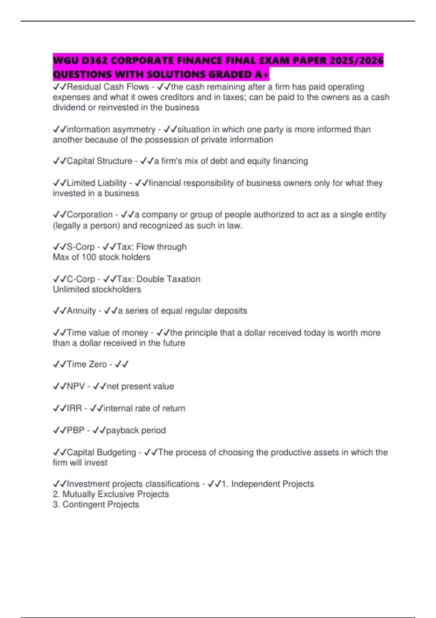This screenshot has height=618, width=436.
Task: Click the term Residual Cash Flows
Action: coord(108,87)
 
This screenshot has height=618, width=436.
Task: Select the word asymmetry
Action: coord(134,129)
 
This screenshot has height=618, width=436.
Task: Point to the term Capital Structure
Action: coord(99,161)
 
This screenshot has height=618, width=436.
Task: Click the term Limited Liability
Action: coord(97,183)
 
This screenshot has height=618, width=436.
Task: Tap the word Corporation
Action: coord(90,214)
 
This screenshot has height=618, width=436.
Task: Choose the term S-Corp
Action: coord(81,247)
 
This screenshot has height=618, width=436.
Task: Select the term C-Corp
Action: coord(81,279)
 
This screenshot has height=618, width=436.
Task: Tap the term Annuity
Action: coord(81,311)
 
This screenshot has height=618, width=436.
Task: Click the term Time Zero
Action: coord(87,364)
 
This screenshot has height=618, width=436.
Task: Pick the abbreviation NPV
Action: coord(76,386)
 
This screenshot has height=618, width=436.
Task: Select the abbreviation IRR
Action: coord(74,408)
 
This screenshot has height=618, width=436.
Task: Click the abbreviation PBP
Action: coord(76,430)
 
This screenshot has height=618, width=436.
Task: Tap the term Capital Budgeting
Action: coord(101,452)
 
